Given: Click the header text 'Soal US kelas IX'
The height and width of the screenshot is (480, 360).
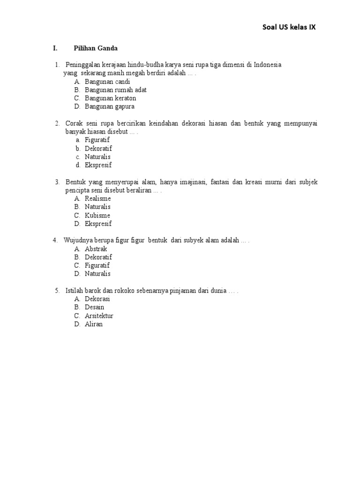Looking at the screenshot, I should [289, 27].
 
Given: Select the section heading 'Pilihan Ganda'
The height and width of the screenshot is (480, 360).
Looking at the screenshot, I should [96, 48].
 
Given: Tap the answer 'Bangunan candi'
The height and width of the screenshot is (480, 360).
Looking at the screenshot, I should [107, 82].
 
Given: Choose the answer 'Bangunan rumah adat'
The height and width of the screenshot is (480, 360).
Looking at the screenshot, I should [116, 90].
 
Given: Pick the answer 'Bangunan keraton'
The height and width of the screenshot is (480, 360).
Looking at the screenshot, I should [110, 98].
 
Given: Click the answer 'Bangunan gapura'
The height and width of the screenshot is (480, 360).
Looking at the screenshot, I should [109, 107].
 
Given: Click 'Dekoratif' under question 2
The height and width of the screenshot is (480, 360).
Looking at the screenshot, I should [98, 148].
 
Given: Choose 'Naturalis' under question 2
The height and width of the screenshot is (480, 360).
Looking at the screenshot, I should [97, 157].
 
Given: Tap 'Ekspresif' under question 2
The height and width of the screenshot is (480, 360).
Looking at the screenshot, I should [98, 165].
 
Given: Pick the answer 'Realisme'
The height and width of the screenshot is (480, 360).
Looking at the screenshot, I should [97, 198].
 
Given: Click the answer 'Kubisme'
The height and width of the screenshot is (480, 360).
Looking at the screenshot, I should [97, 215].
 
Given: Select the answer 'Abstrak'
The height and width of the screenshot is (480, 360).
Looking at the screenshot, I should [96, 249].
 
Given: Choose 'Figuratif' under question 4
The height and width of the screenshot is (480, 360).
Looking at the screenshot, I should [97, 265].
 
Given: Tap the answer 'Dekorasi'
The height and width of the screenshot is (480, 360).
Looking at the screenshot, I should [97, 299].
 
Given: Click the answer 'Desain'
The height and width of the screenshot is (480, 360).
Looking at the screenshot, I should [94, 307].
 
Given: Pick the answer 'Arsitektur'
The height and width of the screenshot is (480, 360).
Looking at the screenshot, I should [99, 315].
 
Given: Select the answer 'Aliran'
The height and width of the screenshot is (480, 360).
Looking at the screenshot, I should [93, 324].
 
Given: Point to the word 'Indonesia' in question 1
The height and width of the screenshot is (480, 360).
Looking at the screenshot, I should [268, 65].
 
